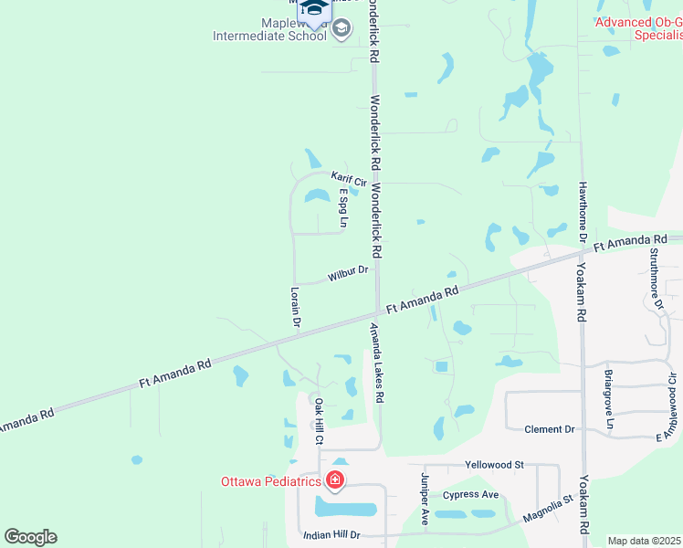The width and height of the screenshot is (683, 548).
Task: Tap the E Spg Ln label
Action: pos(344,208)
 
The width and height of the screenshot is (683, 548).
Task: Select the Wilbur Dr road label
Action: pos(348,272)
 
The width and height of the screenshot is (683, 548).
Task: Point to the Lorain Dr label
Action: pos(295,306)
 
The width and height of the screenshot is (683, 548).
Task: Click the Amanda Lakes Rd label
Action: pos(376,364)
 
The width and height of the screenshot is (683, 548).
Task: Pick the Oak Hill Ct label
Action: pos(319,421)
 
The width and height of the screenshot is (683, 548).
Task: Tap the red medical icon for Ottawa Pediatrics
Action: pos(335,480)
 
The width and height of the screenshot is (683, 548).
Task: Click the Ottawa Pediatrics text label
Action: pos(270,481)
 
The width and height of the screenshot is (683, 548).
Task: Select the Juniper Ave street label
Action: pos(425,498)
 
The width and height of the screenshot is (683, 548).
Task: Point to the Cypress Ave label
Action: pos(470,495)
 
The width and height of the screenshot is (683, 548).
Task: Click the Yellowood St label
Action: pos(493,465)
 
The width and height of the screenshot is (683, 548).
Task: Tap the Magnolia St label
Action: pos(547,509)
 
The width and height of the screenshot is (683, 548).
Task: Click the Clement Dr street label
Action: pos(550,429)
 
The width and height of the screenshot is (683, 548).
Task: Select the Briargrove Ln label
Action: pos(609,399)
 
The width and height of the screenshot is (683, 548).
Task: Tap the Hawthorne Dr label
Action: pos(582,211)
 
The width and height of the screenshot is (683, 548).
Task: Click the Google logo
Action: pos(30,537)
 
